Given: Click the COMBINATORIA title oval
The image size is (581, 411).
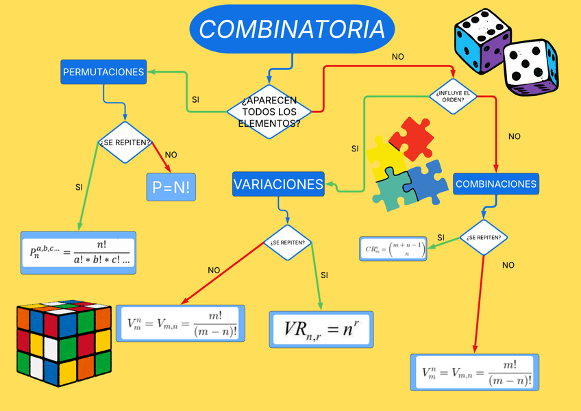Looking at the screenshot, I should click(293, 29).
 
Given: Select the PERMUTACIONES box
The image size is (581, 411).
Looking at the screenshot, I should click(103, 72).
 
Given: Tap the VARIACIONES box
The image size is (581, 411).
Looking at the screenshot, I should click(277, 184).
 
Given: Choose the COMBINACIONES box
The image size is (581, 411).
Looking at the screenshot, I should click(495, 184).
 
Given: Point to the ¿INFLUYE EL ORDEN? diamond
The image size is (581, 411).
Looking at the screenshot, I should click(452, 96).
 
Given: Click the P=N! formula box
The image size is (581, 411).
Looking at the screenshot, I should click(171, 187).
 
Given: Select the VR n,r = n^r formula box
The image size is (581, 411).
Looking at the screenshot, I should click(321, 329).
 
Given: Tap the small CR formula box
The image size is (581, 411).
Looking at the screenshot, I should click(393, 249).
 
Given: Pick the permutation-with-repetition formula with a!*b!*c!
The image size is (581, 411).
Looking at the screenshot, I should click(78, 253).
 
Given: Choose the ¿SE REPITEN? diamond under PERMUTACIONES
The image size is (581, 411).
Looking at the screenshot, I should click(125, 142).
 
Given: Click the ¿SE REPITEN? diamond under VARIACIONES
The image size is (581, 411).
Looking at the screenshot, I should click(288, 242).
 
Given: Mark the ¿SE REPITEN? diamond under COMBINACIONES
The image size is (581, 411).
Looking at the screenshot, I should click(484, 238).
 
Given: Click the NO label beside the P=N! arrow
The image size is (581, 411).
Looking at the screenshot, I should click(171, 155).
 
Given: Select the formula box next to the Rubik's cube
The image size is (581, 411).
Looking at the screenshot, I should click(182, 323).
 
